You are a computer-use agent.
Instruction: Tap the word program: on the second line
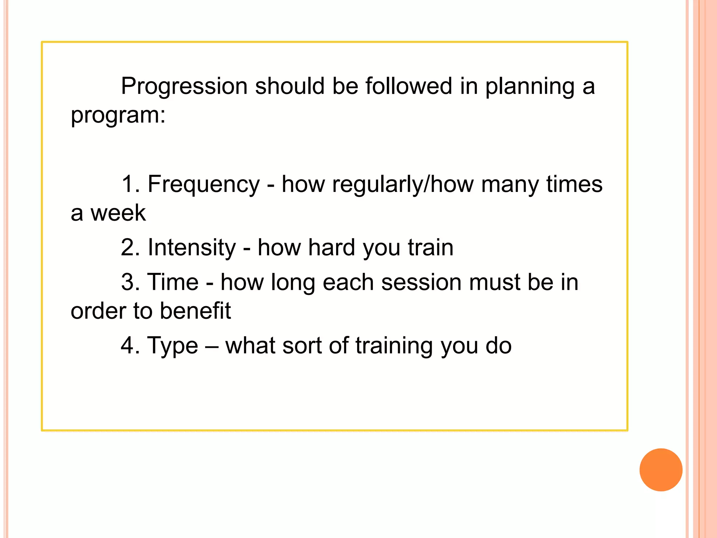pos(118,115)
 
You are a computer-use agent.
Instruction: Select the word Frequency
pos(203,184)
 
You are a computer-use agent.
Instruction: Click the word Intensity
pos(192,248)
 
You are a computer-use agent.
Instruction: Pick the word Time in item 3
pos(173,282)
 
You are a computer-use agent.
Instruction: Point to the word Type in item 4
pos(172,346)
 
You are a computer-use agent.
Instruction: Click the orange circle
pos(661,470)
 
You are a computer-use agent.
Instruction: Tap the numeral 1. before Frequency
pos(131,184)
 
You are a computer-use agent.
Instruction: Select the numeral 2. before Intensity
pos(131,248)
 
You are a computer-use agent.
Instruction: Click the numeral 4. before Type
pos(131,346)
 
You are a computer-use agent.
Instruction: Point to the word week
pos(118,213)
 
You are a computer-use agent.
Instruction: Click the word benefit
pos(195,311)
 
